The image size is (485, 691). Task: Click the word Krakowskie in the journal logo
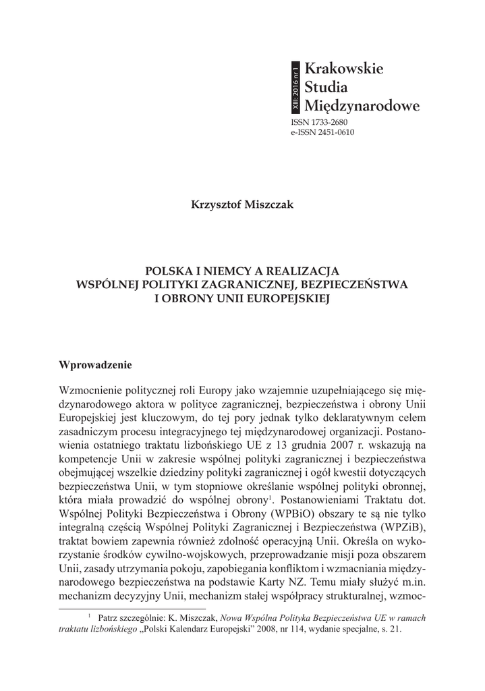pyautogui.click(x=344, y=68)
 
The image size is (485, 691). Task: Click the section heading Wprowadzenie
pyautogui.click(x=95, y=364)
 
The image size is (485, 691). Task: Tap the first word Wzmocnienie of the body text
pyautogui.click(x=94, y=391)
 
